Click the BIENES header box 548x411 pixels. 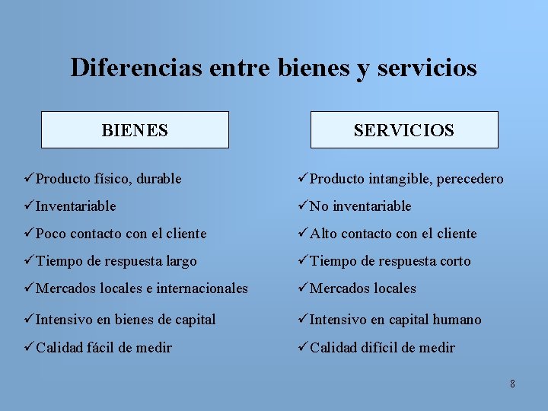click(135, 129)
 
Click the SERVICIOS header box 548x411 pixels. click(404, 129)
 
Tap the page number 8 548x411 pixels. click(512, 384)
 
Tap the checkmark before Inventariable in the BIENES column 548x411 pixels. click(29, 205)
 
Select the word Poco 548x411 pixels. click(52, 234)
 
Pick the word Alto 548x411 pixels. click(325, 234)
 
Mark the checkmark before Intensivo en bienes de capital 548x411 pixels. click(29, 320)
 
